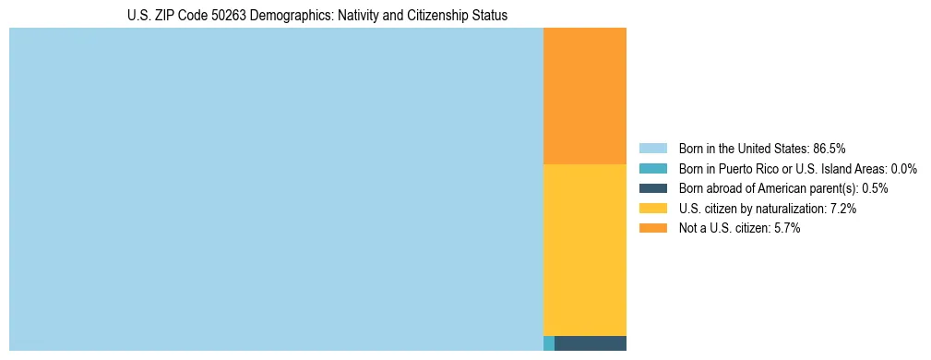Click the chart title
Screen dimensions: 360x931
317,16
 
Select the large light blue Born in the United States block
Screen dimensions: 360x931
276,189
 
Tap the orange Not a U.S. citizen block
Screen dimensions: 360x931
585,96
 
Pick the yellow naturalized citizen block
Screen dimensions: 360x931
585,249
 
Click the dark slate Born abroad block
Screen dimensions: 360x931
591,343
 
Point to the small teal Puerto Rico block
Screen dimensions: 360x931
549,343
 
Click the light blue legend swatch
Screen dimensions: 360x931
652,148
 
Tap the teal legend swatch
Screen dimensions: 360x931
652,168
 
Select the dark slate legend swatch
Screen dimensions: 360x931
652,188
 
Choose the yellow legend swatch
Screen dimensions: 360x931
652,209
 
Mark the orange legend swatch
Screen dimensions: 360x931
652,229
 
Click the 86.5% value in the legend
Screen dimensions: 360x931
830,148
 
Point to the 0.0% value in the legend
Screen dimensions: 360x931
903,168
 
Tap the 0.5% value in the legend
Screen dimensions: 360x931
875,188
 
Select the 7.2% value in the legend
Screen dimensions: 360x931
843,209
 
